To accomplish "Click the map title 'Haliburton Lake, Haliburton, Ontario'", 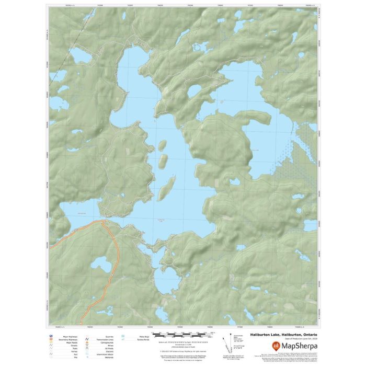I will pos(283,335).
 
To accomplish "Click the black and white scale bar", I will pos(183,333).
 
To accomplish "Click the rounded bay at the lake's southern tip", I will pos(168,282).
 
